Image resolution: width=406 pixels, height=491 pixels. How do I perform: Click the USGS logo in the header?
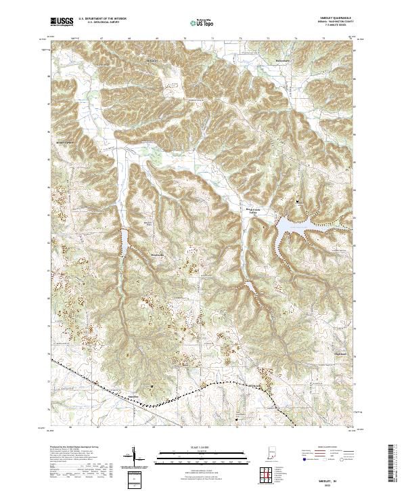pos(62,22)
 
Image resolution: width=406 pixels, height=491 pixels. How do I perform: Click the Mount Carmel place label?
pos(63,143)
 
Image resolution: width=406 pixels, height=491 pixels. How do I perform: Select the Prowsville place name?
pos(157,255)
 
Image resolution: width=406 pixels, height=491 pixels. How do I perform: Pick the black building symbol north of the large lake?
pos(302,201)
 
